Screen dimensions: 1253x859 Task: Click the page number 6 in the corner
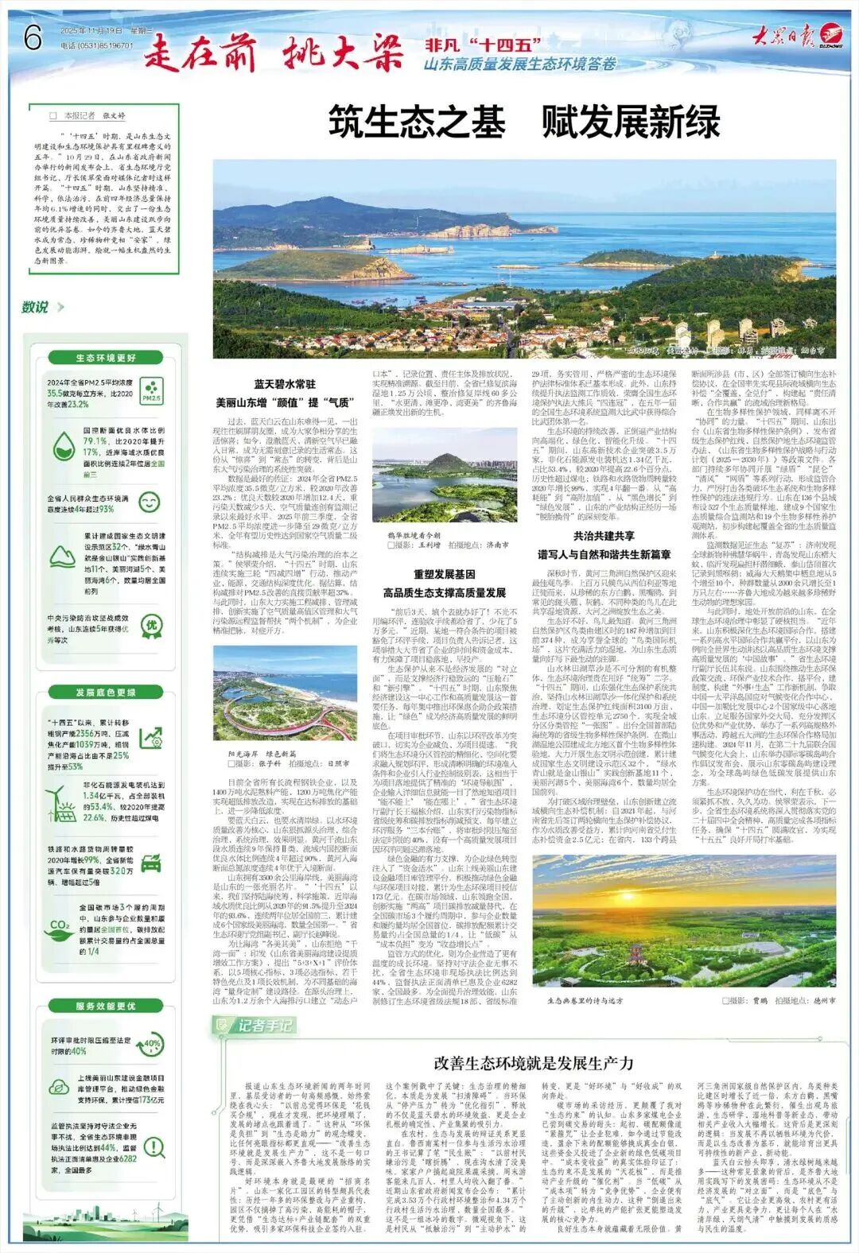[x=33, y=37]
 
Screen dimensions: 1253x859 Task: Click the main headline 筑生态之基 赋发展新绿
[x=524, y=124]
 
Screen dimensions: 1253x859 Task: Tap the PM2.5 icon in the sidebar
[x=151, y=391]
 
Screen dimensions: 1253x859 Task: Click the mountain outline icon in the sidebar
[x=64, y=557]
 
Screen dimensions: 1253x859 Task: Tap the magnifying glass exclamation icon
[x=152, y=1147]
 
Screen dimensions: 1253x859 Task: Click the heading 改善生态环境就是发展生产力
[x=534, y=1063]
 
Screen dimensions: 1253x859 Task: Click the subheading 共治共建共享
[x=604, y=536]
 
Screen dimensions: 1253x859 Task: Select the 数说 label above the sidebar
[x=35, y=307]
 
